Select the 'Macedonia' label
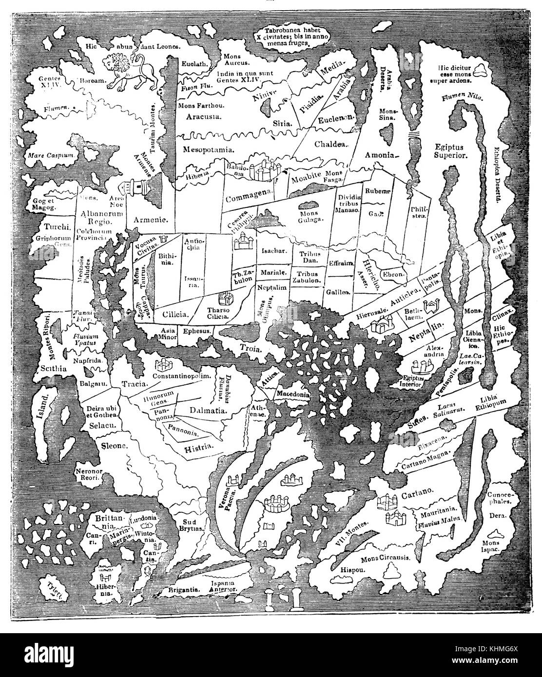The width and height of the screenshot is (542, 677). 293,393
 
